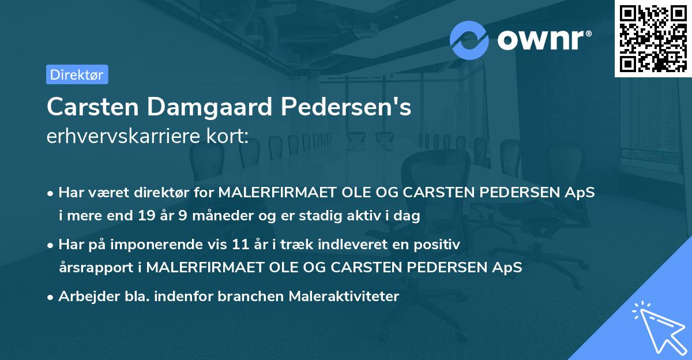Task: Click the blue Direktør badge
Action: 77,74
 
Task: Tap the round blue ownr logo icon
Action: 469,40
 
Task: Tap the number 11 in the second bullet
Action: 240,244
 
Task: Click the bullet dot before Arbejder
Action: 51,297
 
